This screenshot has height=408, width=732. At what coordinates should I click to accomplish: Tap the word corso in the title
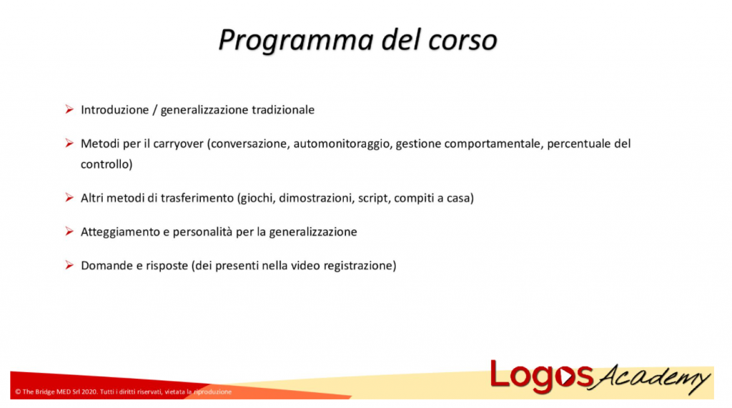(x=462, y=40)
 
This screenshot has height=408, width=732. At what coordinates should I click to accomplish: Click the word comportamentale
(x=493, y=144)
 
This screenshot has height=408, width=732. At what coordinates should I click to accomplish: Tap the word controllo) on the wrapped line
(x=107, y=164)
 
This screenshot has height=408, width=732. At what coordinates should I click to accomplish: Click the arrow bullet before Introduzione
(x=69, y=109)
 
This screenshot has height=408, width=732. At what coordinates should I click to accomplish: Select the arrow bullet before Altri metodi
(x=69, y=197)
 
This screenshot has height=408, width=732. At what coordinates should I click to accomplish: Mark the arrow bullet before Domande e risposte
(x=69, y=265)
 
